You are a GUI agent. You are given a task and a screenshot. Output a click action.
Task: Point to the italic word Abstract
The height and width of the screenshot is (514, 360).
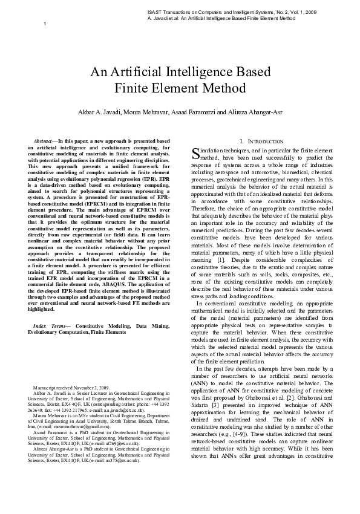coord(44,140)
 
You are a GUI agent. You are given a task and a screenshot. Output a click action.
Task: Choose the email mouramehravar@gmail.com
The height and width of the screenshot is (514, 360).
coord(72,428)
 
